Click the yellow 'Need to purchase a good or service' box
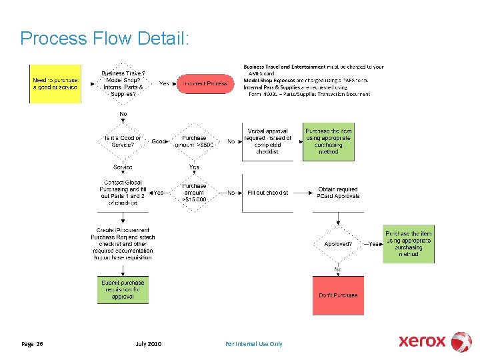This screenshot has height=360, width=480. coord(55,84)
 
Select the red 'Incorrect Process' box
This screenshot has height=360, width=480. coord(205,84)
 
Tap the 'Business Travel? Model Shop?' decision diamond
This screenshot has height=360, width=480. coord(123,84)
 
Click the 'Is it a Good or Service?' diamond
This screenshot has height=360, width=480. coord(123,141)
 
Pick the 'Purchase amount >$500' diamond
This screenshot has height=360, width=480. coord(194,141)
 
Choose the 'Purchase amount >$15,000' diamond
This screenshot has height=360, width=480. coord(194,193)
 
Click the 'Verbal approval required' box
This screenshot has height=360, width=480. coord(267,141)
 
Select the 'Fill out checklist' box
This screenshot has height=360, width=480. coord(267,193)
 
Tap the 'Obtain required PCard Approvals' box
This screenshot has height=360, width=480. coord(339,193)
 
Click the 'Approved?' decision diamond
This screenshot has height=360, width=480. coord(338,244)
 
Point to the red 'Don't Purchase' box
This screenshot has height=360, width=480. coord(338,295)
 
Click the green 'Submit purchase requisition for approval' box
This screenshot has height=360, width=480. coord(123,290)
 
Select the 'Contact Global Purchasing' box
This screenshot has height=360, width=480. coord(123,193)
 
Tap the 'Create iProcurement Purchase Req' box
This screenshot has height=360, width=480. coord(123,244)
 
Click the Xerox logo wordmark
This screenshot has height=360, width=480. coord(423,341)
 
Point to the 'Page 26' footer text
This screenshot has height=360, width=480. coord(32,344)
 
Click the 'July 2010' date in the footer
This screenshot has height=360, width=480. coord(148,344)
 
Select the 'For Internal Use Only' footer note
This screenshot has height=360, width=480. coord(253,344)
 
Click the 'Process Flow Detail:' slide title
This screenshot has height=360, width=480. coord(105,38)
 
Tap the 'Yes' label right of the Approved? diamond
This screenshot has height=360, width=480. coord(373,244)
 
